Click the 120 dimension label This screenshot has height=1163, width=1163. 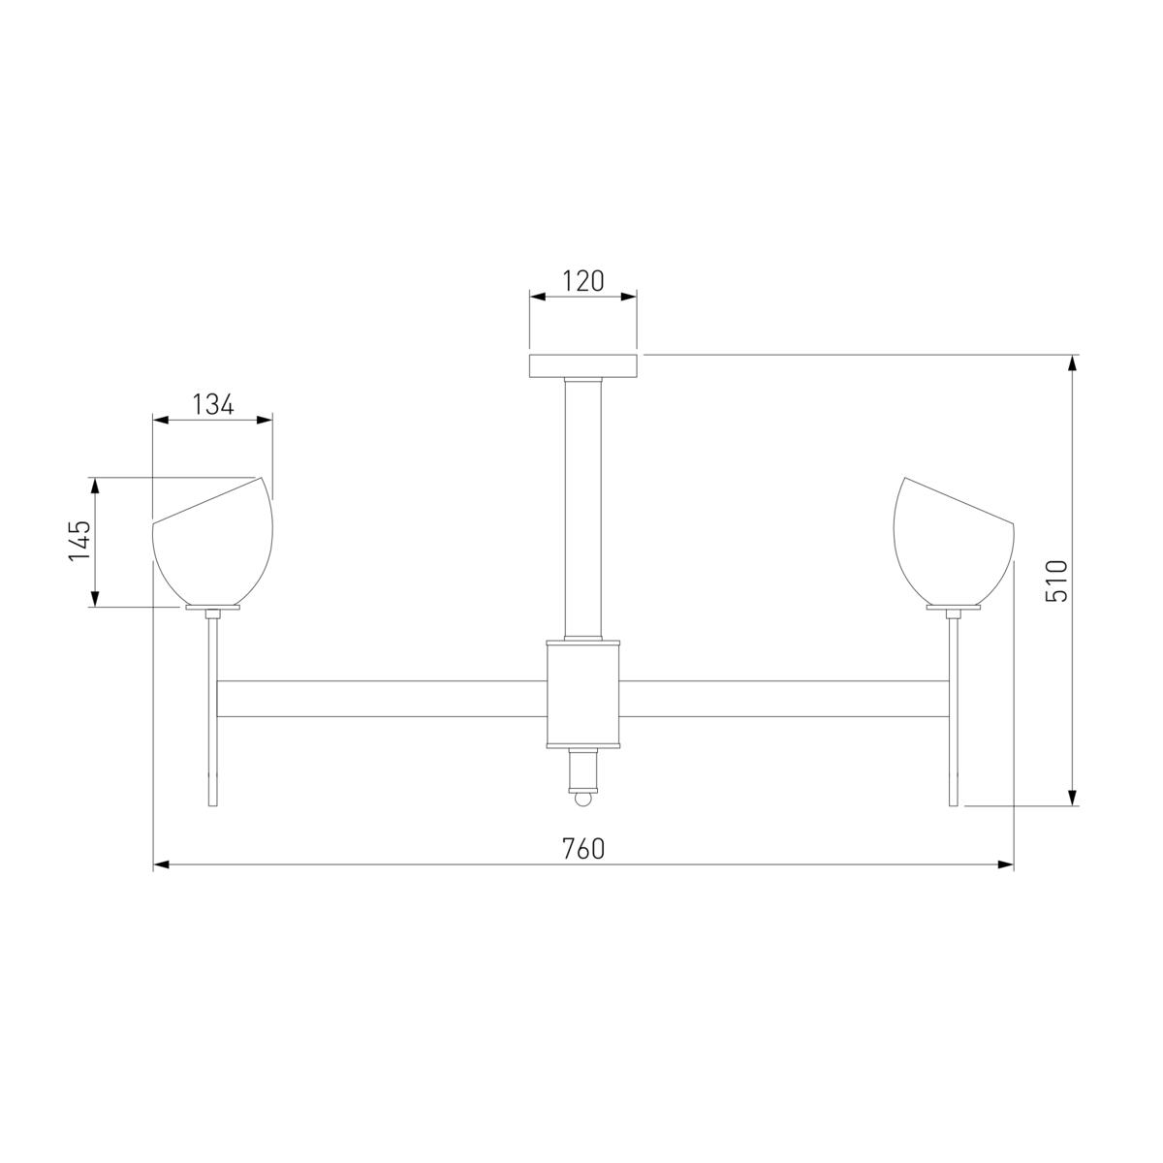click(x=582, y=281)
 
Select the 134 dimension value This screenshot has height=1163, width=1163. click(x=213, y=404)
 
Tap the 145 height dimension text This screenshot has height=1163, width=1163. click(x=79, y=541)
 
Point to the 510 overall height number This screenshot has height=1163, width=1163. click(x=1056, y=581)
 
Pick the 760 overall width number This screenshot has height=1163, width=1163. click(x=583, y=849)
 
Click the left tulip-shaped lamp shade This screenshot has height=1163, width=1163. click(x=212, y=542)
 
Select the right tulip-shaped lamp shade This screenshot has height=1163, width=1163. click(x=954, y=542)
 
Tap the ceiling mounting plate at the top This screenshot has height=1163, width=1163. click(x=582, y=365)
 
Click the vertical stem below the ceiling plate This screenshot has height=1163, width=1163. click(x=583, y=508)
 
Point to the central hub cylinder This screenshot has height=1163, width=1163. click(x=583, y=694)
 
